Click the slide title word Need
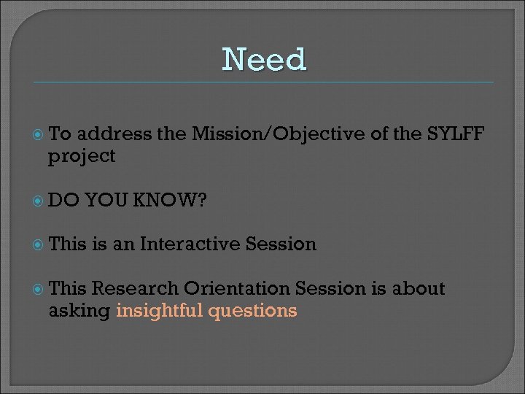(265, 59)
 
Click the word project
(82, 156)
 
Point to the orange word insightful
(160, 311)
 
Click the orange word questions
(253, 312)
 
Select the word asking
(79, 312)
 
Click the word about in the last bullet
(418, 289)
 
